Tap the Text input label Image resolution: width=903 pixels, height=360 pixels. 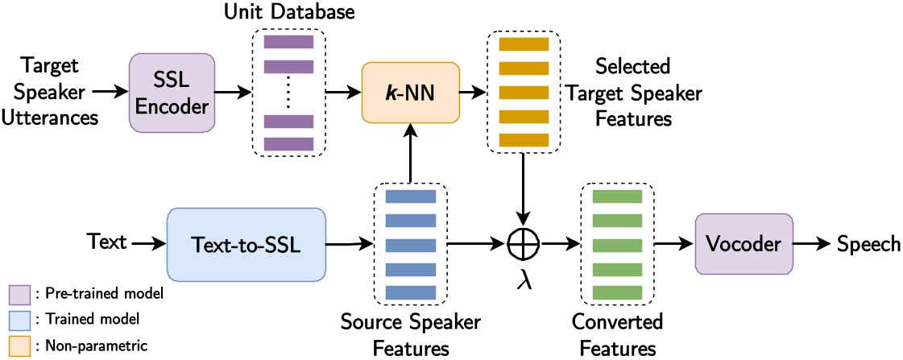107,241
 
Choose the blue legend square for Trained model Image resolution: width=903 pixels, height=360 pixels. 19,321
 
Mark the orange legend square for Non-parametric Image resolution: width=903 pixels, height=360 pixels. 19,346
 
